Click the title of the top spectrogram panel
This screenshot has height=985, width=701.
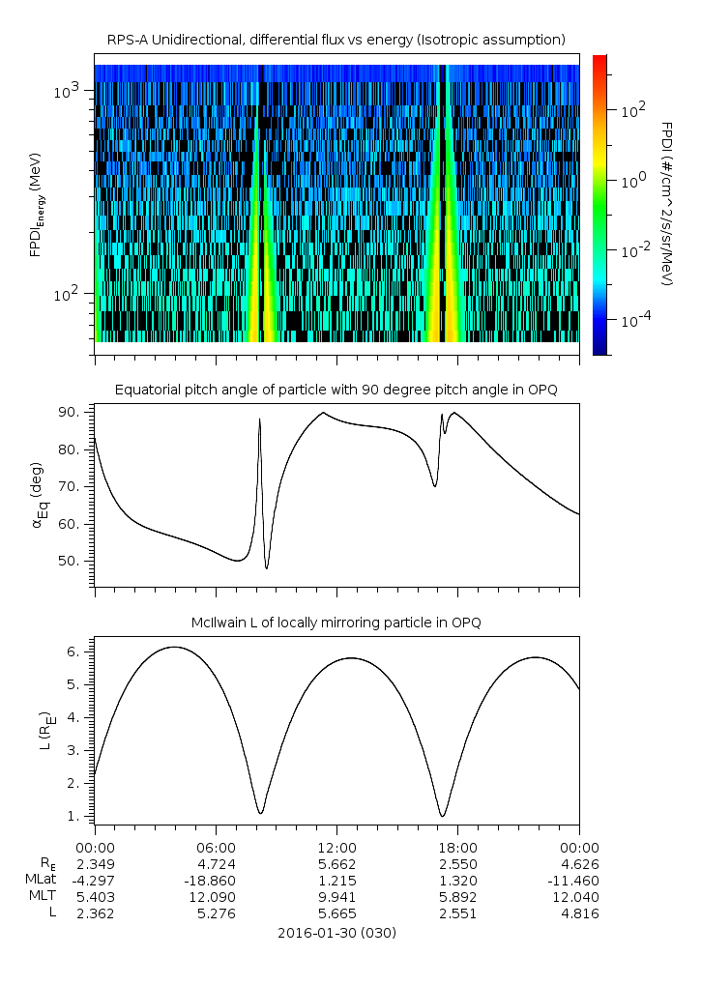336,40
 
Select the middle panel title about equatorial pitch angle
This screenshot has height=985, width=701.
336,390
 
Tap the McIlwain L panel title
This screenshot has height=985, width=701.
336,622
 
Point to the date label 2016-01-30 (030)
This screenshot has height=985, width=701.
336,933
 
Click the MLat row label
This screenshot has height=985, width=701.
43,879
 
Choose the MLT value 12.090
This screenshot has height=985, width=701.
216,896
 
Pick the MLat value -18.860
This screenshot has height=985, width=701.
216,879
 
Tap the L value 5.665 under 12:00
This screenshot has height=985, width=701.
336,913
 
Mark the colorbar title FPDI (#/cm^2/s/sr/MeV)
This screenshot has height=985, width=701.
667,203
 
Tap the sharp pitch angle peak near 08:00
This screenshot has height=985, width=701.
259,419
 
